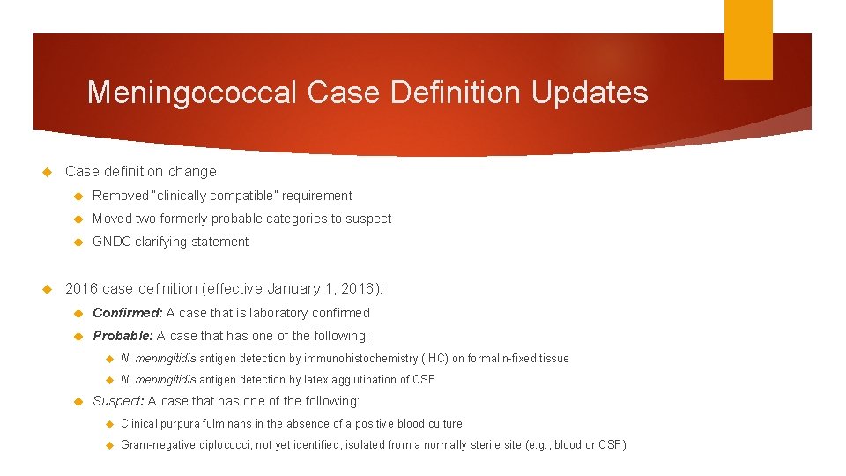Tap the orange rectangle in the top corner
(x=748, y=40)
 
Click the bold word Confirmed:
(x=127, y=313)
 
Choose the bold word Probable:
(x=123, y=336)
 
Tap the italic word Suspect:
(x=118, y=401)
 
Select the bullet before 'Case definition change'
(x=48, y=172)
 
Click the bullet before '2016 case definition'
(x=48, y=289)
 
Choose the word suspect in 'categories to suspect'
(x=369, y=219)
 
